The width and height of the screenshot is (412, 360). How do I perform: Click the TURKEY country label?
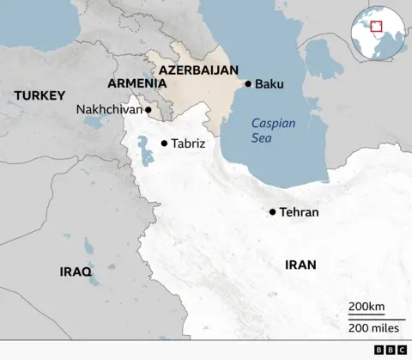39,95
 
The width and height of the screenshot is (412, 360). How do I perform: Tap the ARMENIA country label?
136,83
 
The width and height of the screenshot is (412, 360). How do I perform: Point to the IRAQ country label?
76,271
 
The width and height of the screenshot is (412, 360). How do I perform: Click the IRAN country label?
300,265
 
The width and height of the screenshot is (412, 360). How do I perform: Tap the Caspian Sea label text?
273,131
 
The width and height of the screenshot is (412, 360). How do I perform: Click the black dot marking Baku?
248,84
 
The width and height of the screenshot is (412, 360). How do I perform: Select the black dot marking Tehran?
273,211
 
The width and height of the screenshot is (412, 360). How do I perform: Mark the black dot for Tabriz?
164,143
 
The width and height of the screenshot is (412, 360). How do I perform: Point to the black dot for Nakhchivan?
148,110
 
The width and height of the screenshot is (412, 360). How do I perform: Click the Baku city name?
269,84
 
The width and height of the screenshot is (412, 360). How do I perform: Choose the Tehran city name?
300,211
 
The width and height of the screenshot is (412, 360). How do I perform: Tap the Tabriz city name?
188,143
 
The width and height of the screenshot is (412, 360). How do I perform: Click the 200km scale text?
367,308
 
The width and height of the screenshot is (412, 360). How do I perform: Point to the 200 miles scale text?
373,327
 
